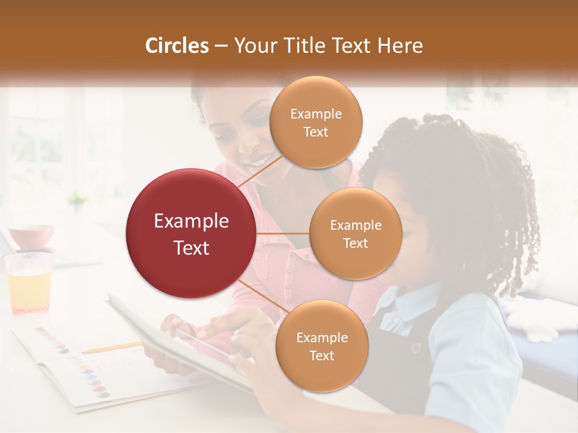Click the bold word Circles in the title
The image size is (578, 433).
coord(177,46)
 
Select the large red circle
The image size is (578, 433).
coord(191,233)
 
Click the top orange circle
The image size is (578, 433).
coord(316,122)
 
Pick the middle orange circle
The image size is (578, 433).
coord(356,233)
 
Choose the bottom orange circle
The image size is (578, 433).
coord(322,346)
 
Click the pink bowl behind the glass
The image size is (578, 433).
coord(31,236)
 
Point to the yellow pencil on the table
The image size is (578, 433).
coord(111,347)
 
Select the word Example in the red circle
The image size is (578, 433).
coord(191,221)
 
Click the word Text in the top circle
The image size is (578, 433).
coord(316,132)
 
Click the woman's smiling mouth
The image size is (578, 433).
coord(260,162)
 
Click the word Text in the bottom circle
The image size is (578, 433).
coord(322,355)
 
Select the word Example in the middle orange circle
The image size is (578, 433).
coord(356,226)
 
